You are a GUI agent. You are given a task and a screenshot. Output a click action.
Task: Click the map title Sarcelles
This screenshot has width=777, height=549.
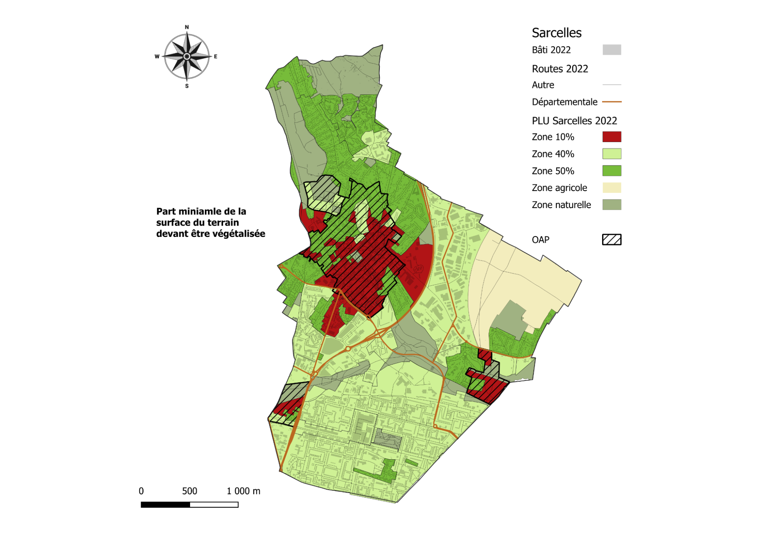pyautogui.click(x=556, y=33)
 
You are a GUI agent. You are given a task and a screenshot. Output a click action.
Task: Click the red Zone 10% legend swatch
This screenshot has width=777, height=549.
pyautogui.click(x=611, y=137)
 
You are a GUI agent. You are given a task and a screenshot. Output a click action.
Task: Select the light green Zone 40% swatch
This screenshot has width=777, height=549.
pyautogui.click(x=611, y=154)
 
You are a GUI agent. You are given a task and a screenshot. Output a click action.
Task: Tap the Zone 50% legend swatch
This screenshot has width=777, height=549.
pyautogui.click(x=611, y=171)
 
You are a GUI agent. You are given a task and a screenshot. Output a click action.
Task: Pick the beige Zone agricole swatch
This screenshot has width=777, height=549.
pyautogui.click(x=611, y=188)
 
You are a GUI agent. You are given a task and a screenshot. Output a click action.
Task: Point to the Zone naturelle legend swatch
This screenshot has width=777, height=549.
pyautogui.click(x=611, y=205)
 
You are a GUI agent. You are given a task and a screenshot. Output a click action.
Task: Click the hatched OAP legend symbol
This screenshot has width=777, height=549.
pyautogui.click(x=611, y=240)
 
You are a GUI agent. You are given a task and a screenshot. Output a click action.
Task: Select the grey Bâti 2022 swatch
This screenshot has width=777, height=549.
pyautogui.click(x=611, y=50)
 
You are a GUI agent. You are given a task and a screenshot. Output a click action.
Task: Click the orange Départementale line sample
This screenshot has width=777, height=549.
pyautogui.click(x=611, y=102)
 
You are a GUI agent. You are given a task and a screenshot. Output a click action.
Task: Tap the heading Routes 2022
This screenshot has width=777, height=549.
pyautogui.click(x=560, y=69)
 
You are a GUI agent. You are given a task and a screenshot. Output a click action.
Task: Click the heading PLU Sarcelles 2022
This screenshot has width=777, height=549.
pyautogui.click(x=574, y=121)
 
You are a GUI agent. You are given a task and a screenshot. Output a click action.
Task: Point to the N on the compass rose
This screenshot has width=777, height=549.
pyautogui.click(x=187, y=27)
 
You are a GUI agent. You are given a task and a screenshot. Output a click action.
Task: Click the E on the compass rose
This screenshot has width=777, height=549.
pyautogui.click(x=215, y=57)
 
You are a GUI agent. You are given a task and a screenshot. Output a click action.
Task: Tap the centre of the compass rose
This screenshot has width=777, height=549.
pyautogui.click(x=187, y=57)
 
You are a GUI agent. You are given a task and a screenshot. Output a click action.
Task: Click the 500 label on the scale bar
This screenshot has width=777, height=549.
pyautogui.click(x=190, y=491)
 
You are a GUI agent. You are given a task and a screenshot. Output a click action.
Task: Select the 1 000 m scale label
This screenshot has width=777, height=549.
pyautogui.click(x=243, y=491)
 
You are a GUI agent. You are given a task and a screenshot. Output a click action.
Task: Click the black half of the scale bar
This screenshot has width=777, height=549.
pyautogui.click(x=165, y=505)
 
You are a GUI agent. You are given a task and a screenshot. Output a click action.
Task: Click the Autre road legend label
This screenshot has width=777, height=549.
pyautogui.click(x=543, y=85)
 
